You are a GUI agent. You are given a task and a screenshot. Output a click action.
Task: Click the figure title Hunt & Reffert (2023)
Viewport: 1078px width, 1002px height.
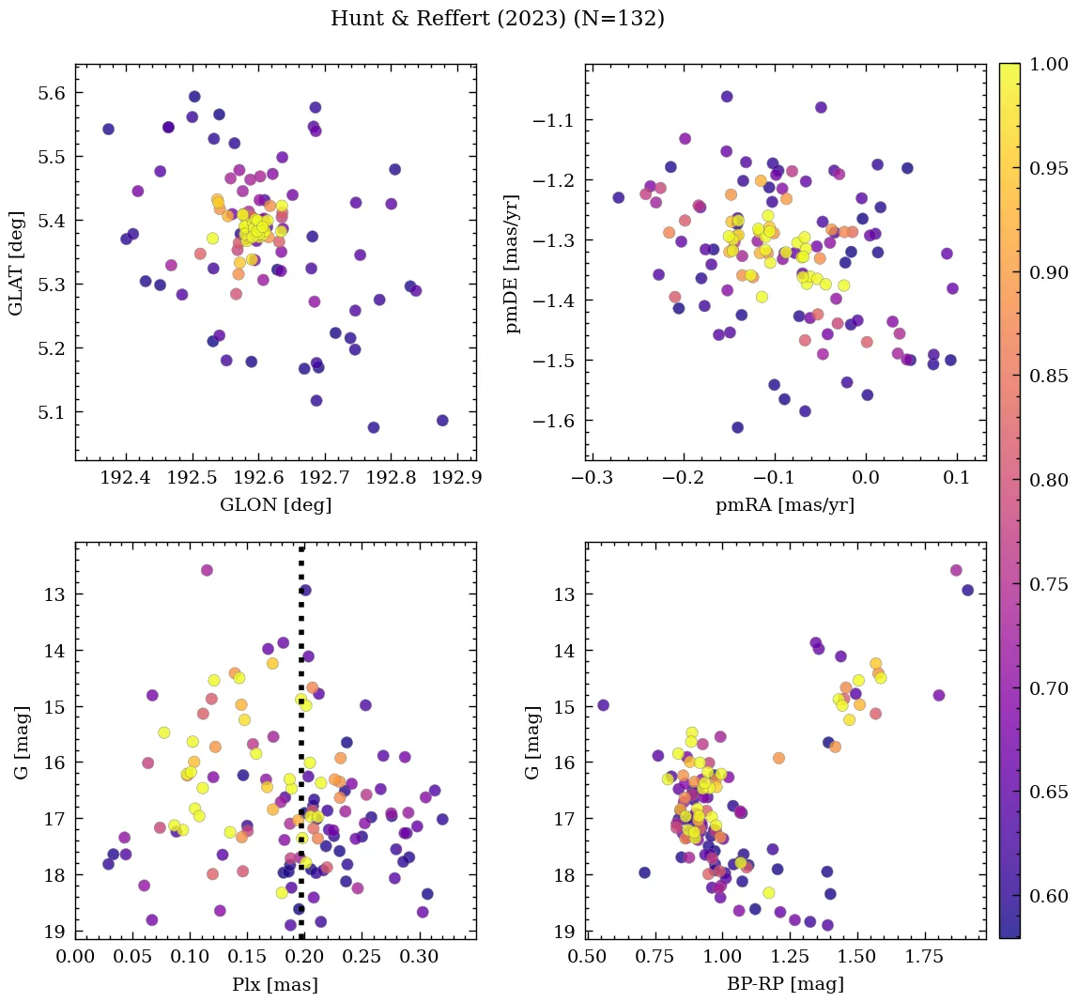pyautogui.click(x=497, y=19)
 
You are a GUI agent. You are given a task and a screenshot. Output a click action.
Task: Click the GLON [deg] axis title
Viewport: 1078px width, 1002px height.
pyautogui.click(x=275, y=504)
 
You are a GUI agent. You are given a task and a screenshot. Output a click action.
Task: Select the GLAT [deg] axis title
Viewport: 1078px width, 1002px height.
pyautogui.click(x=16, y=262)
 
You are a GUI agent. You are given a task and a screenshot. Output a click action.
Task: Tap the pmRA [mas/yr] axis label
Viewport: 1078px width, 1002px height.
pyautogui.click(x=785, y=504)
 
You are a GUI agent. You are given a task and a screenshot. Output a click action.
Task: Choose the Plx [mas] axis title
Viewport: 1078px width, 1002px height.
pyautogui.click(x=274, y=984)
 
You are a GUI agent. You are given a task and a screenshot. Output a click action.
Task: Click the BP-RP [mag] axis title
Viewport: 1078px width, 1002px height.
pyautogui.click(x=785, y=984)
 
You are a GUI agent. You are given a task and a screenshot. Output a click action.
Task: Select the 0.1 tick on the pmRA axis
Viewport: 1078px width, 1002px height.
pyautogui.click(x=957, y=477)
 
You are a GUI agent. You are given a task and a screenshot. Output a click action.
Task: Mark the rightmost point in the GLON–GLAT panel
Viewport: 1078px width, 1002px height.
pyautogui.click(x=442, y=421)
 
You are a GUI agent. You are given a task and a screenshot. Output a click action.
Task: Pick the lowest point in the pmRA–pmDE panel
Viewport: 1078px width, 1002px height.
pyautogui.click(x=737, y=427)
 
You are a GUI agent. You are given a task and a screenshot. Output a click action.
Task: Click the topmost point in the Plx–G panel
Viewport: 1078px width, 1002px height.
pyautogui.click(x=207, y=570)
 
